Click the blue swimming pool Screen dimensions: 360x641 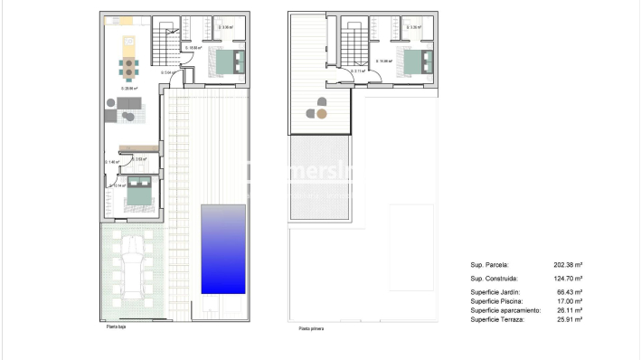click(x=222, y=249)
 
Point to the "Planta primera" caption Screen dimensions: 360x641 click(x=311, y=329)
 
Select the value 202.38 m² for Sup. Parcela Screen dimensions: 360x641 click(x=568, y=265)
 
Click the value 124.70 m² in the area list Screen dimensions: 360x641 click(x=568, y=279)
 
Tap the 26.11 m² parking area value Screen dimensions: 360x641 click(x=568, y=310)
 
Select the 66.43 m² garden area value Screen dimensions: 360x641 click(x=568, y=292)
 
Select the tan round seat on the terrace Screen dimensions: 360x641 click(x=322, y=115)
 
